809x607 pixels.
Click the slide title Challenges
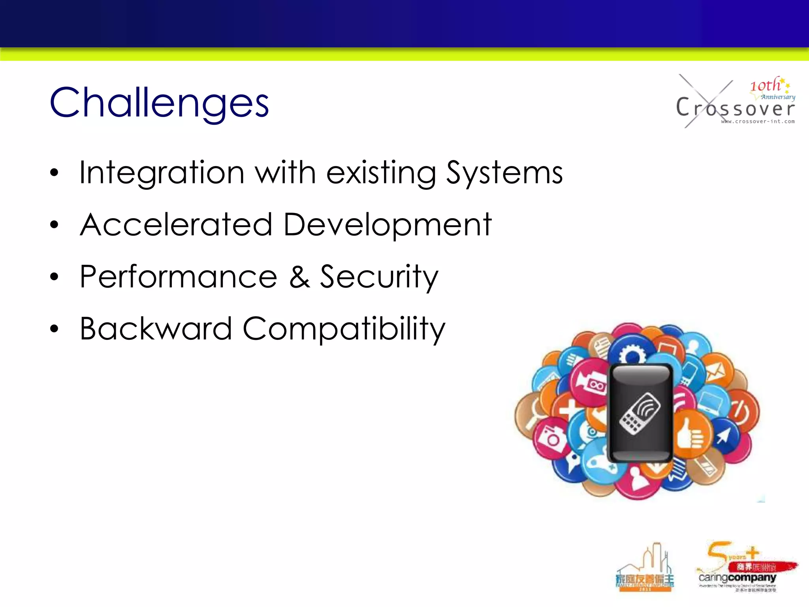click(159, 103)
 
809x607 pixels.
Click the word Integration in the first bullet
click(162, 173)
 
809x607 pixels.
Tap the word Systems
click(504, 173)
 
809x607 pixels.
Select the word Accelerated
click(176, 224)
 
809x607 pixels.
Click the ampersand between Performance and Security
click(299, 277)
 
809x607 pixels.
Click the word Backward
click(156, 328)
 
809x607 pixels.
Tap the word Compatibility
click(344, 329)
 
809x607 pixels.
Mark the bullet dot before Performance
click(54, 277)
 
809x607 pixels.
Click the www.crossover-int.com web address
click(758, 122)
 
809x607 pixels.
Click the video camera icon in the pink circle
click(591, 382)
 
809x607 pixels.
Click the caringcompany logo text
click(737, 578)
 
